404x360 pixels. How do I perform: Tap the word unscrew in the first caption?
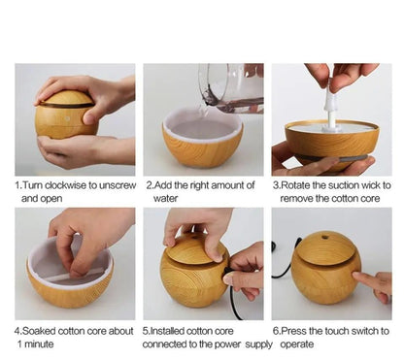(x=118, y=185)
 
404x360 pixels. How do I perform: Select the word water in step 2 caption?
(x=165, y=198)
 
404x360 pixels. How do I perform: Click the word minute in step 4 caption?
(x=39, y=344)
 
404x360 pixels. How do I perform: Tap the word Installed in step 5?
(x=167, y=331)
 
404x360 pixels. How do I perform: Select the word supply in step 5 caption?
(x=258, y=344)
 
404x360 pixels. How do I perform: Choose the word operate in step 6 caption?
(x=297, y=344)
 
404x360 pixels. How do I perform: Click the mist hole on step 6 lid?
(x=324, y=238)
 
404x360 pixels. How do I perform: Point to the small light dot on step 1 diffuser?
(x=67, y=119)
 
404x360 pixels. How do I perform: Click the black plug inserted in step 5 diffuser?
(x=227, y=272)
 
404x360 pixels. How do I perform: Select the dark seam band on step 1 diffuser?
(x=66, y=105)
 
